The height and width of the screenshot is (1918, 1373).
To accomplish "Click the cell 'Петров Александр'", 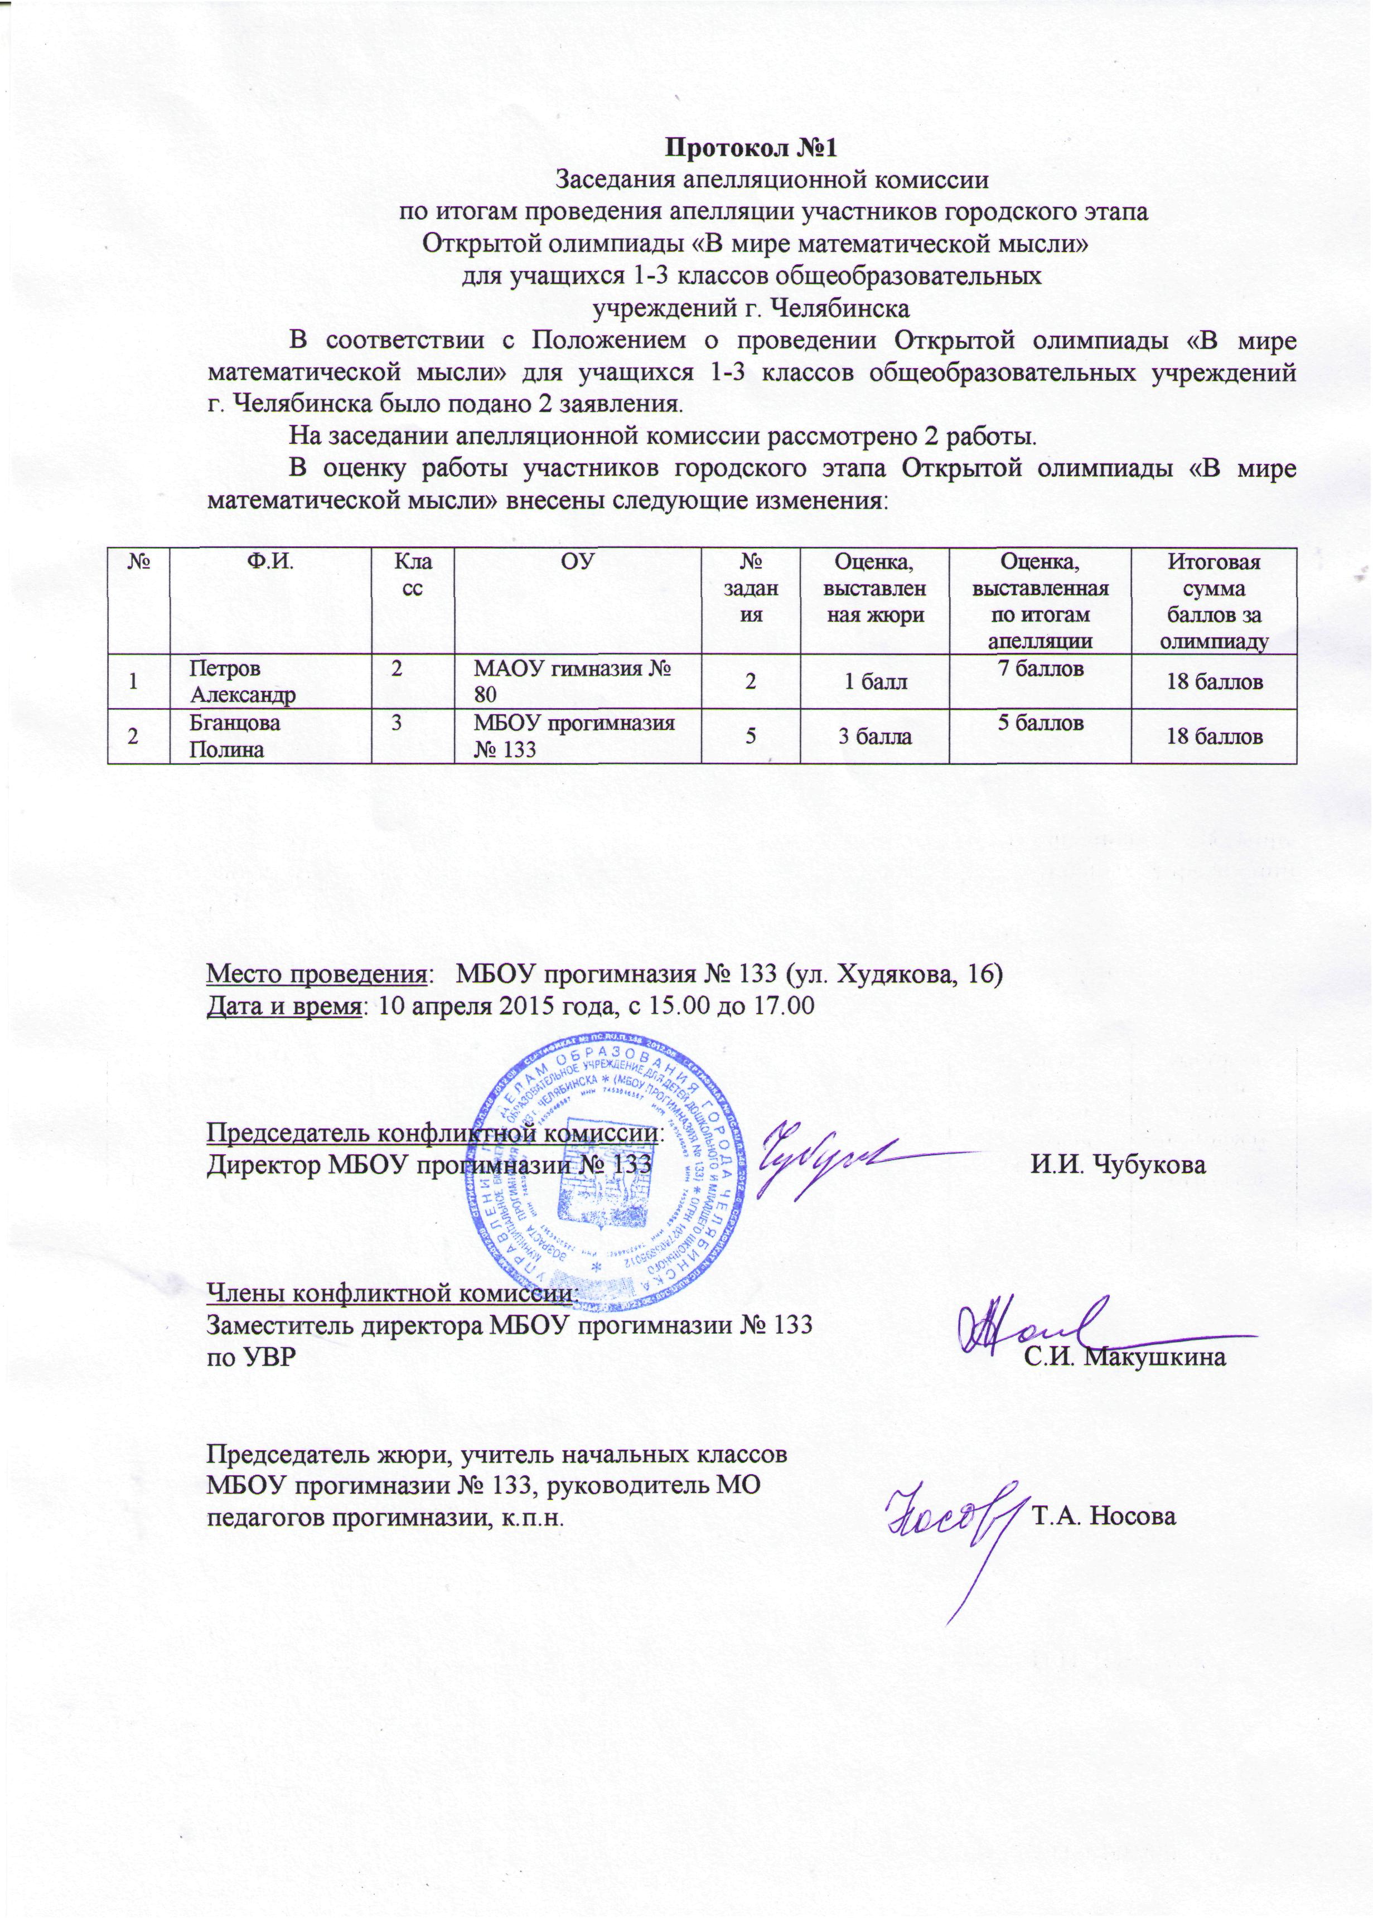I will click(x=243, y=681).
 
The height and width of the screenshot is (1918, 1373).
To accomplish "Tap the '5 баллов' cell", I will click(x=1041, y=724).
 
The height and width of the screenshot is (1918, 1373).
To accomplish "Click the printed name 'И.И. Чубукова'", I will click(x=1117, y=1165).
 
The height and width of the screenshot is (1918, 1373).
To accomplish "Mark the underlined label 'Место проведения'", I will click(x=317, y=974).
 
